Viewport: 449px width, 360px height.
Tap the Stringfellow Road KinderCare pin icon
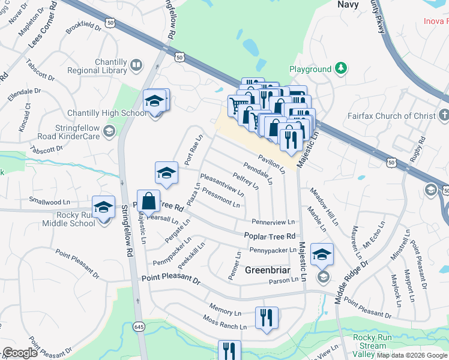(x=109, y=130)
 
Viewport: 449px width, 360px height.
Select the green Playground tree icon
(x=341, y=68)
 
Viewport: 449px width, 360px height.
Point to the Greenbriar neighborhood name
(x=268, y=270)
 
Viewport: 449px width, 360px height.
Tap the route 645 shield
(x=138, y=326)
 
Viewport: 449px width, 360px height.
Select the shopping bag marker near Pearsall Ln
(x=148, y=202)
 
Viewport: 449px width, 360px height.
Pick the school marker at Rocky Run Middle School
(x=104, y=208)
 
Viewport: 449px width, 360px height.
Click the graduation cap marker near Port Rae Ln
(x=167, y=173)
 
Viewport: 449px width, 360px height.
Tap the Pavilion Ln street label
(x=271, y=163)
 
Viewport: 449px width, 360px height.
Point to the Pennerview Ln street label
(x=273, y=222)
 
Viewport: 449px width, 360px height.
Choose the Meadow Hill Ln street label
(x=324, y=206)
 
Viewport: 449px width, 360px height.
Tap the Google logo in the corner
(x=20, y=353)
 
